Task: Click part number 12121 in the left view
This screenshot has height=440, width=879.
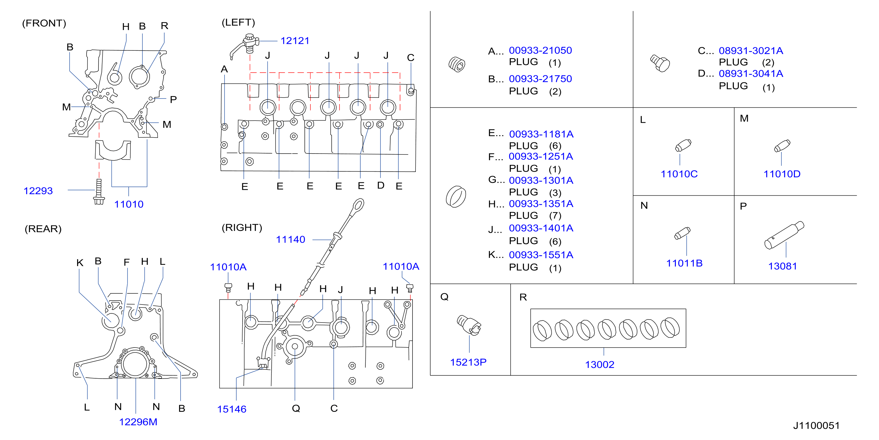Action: click(295, 41)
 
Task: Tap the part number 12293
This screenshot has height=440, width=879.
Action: click(38, 191)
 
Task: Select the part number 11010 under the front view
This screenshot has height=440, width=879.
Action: click(129, 204)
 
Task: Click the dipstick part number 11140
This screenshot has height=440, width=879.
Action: click(290, 240)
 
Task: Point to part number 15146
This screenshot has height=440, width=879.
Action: click(232, 409)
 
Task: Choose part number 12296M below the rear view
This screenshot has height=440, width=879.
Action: click(138, 422)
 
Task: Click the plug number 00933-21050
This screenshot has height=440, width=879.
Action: click(540, 50)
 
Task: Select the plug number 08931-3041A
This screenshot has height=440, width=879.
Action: click(751, 74)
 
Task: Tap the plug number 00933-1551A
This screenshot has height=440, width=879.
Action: click(541, 255)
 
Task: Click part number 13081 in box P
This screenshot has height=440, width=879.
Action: click(782, 266)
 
